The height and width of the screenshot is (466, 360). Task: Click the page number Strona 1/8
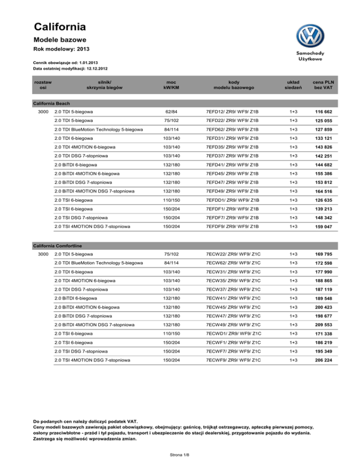[x=180, y=454]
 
